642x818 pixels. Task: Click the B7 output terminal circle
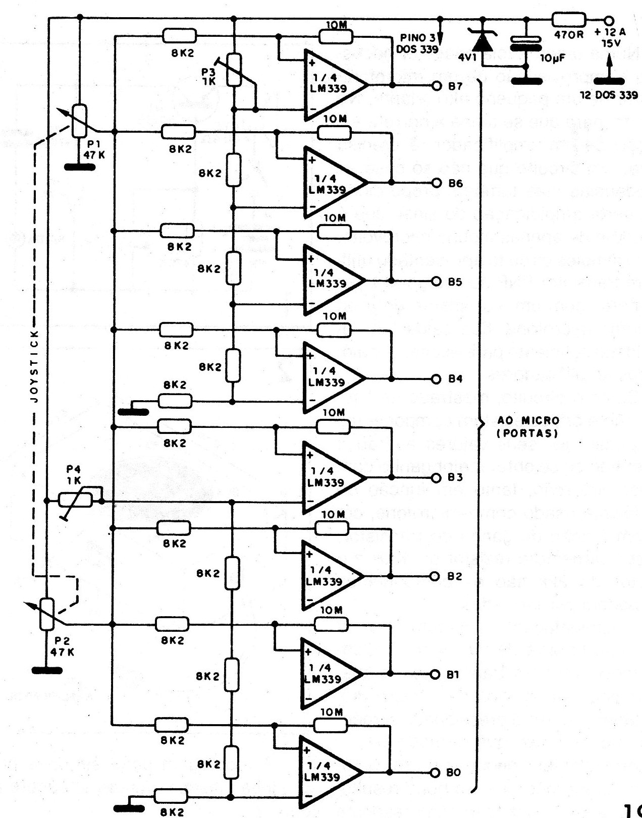tap(437, 86)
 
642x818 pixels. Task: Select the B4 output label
tap(455, 378)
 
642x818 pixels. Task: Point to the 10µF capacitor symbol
tap(525, 43)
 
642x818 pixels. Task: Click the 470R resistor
tap(569, 20)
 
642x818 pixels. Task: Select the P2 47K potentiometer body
tap(47, 614)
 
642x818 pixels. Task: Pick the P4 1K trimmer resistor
tap(76, 500)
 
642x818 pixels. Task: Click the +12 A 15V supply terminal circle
tap(609, 21)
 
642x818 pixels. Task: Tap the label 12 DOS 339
tap(609, 95)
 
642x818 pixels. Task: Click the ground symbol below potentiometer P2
tap(47, 670)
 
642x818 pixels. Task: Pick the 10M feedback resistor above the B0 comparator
tap(331, 725)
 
